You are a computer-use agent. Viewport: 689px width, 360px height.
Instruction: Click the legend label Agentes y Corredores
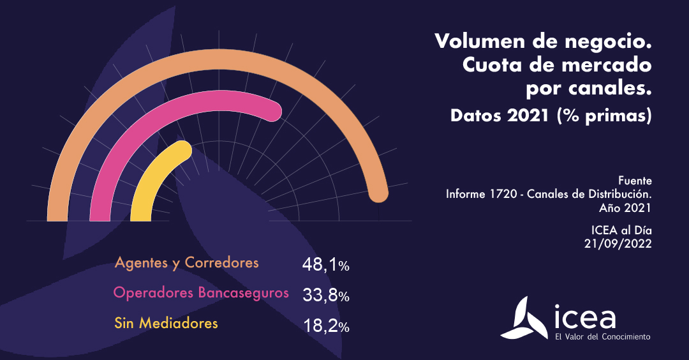click(186, 262)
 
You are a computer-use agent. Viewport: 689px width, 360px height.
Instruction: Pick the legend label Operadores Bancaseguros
click(200, 293)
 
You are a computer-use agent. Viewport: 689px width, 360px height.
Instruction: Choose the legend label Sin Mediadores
click(166, 323)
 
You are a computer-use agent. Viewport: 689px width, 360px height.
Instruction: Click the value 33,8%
click(325, 296)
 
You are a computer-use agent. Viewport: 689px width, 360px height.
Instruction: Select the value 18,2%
click(325, 327)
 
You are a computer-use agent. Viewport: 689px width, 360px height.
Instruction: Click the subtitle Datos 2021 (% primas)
click(551, 116)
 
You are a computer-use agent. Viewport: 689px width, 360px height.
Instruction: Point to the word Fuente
click(635, 181)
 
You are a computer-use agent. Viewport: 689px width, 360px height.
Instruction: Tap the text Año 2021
click(625, 207)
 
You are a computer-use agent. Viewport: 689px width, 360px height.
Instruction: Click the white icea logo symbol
click(522, 317)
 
